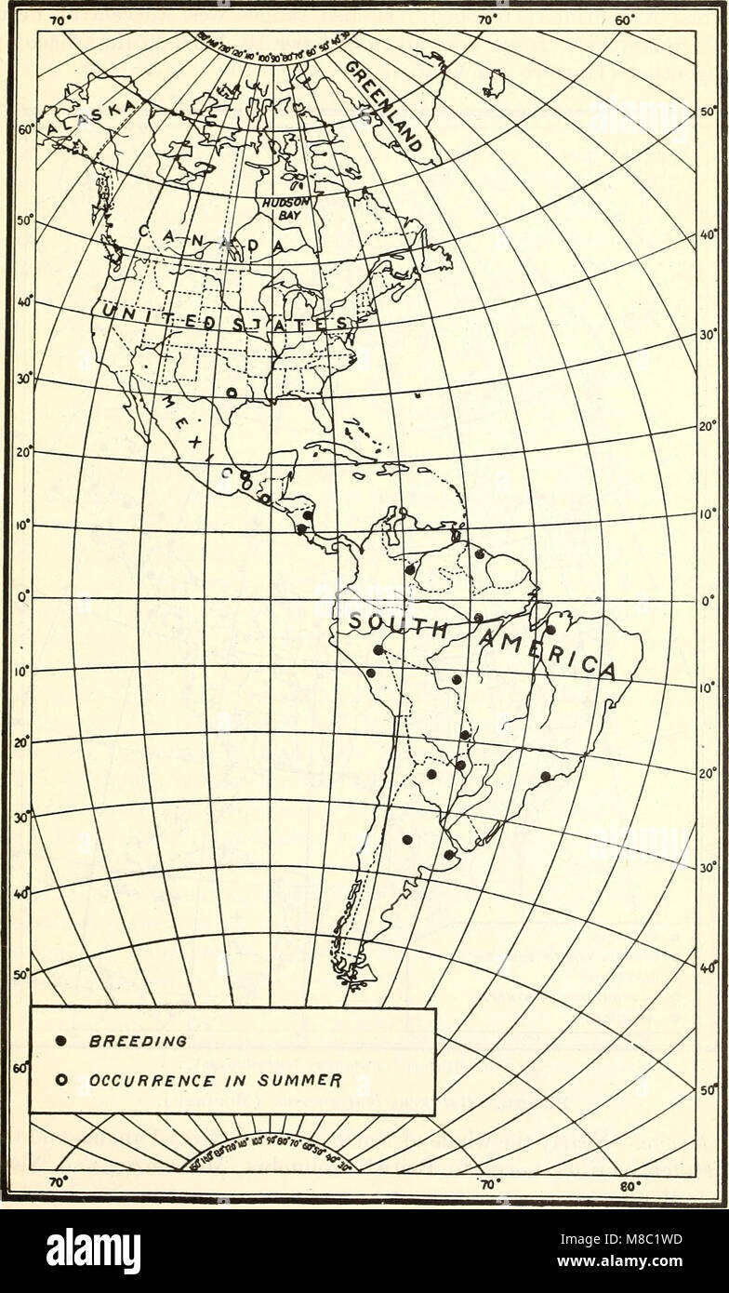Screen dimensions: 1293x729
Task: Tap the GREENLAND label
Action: tap(386, 107)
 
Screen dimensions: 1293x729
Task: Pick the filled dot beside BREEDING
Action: tap(60, 1042)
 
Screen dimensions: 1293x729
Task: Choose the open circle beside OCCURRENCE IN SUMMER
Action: tap(60, 1081)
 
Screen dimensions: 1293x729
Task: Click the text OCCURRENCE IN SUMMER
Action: tap(215, 1081)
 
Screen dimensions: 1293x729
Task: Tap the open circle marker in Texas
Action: tap(232, 393)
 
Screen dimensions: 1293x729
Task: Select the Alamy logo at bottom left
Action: tap(93, 1250)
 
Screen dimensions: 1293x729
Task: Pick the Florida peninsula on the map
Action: tap(322, 408)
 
